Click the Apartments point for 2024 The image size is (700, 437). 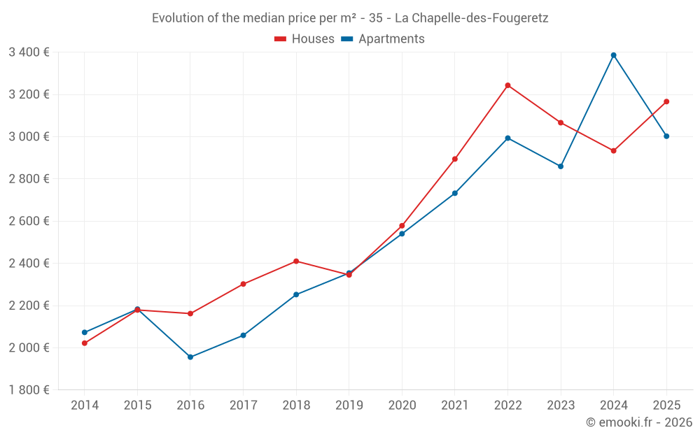(x=614, y=55)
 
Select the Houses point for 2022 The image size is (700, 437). (x=508, y=85)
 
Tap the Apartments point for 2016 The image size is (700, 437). (x=190, y=357)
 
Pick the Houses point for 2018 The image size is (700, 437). (x=296, y=262)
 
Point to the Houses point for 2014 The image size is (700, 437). (x=85, y=343)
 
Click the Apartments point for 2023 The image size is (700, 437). (x=561, y=166)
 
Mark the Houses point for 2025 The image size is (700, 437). (x=666, y=101)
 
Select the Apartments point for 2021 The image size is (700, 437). (x=455, y=193)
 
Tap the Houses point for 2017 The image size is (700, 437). (x=244, y=284)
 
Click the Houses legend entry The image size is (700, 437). (x=304, y=39)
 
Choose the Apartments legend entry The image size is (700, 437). (x=383, y=39)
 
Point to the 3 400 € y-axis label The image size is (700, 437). (x=29, y=52)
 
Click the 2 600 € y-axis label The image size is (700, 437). (x=29, y=221)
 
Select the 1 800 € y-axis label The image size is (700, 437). (x=29, y=390)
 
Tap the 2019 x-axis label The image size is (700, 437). (x=349, y=406)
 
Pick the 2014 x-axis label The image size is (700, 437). (x=85, y=406)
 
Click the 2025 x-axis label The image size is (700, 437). (x=666, y=406)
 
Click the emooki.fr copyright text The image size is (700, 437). (x=639, y=422)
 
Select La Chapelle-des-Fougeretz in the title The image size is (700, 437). (x=472, y=18)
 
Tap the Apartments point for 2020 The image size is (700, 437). (x=402, y=234)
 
